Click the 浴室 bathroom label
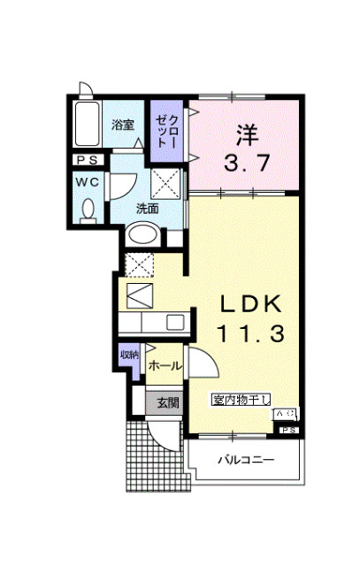122,126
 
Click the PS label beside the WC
86,161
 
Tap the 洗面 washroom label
147,209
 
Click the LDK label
250,305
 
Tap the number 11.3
250,334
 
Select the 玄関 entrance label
167,402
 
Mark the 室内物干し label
241,401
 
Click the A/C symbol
287,414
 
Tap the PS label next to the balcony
288,430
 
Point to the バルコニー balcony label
247,460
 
